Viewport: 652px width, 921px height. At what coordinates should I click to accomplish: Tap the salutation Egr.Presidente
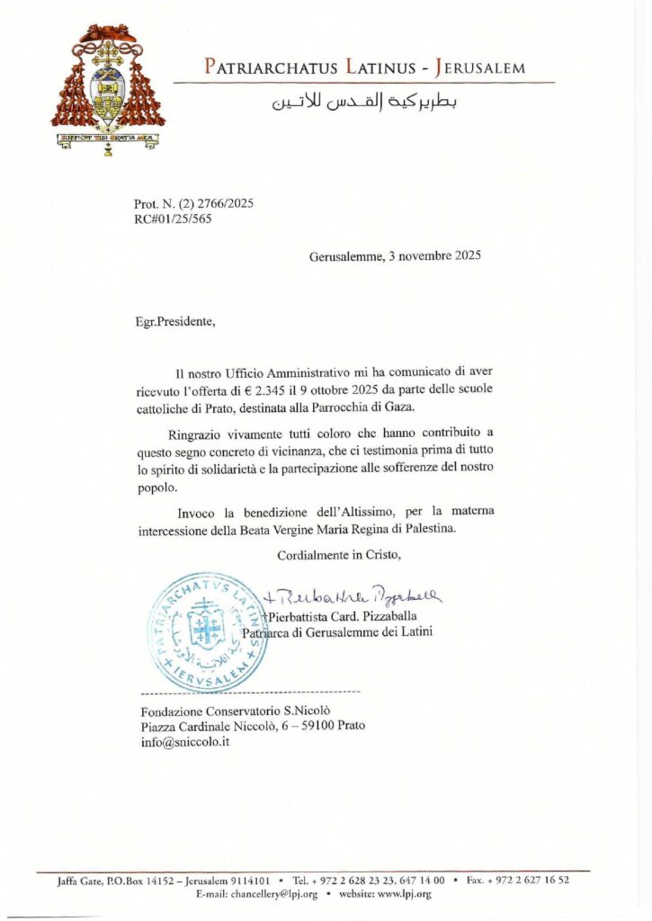coord(170,321)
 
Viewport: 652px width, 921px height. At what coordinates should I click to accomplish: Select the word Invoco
coord(196,512)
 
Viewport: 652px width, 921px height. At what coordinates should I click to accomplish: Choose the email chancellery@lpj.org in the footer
coord(263,894)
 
